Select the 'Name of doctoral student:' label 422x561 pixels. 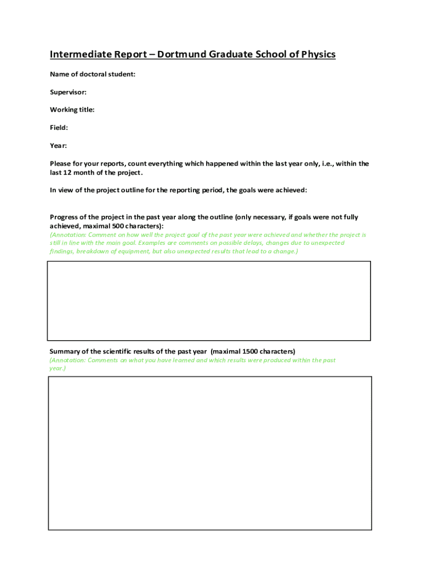(x=93, y=74)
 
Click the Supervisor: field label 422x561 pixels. (x=68, y=92)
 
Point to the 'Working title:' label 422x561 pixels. (x=72, y=110)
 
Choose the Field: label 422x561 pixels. (x=59, y=128)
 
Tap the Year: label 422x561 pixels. (x=58, y=146)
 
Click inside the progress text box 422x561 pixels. (x=209, y=301)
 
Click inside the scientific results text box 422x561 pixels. (x=210, y=453)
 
